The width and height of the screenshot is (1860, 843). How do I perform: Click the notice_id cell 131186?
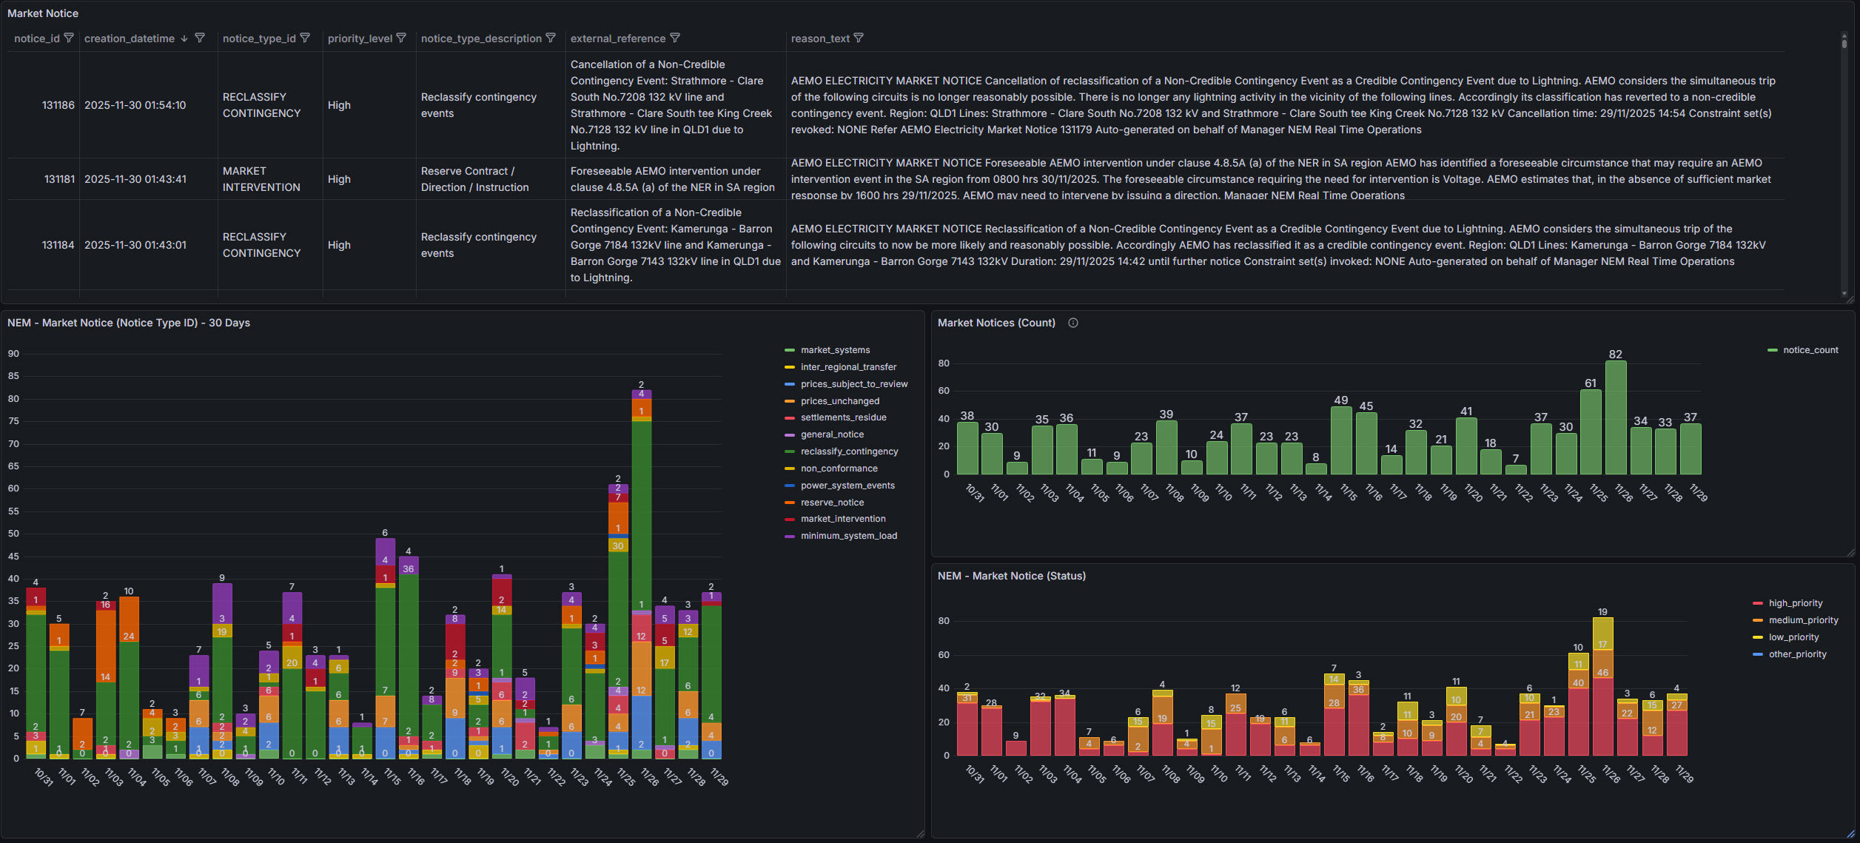coord(58,105)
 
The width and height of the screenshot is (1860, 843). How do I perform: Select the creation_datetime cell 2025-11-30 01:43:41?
coord(135,179)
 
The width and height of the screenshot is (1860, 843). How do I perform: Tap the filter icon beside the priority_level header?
coord(401,38)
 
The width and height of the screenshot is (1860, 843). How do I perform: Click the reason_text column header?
coord(819,38)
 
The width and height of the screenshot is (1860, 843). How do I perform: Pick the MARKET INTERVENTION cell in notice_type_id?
coord(261,179)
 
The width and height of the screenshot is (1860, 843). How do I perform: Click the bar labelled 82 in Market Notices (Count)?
coord(1615,417)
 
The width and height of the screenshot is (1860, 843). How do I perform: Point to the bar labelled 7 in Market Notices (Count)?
coord(1515,469)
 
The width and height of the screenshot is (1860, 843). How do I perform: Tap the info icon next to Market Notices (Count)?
coord(1072,323)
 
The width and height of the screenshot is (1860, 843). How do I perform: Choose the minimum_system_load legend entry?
coord(848,536)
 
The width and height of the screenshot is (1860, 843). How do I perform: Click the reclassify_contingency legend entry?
coord(849,451)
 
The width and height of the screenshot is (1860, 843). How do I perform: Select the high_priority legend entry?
coord(1795,603)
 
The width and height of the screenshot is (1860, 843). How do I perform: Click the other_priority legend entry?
coord(1797,654)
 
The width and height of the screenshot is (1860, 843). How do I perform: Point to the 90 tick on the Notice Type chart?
coord(13,354)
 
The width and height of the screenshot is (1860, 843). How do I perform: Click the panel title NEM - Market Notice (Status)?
coord(1011,576)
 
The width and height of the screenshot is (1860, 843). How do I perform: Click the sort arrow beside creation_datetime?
coord(184,38)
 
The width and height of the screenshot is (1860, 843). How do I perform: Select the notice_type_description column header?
coord(481,38)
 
